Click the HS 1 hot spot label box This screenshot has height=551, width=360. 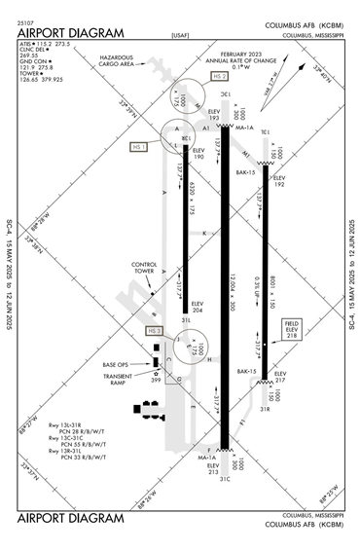click(138, 147)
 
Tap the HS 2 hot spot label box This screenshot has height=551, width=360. click(219, 76)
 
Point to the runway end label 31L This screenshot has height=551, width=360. click(184, 319)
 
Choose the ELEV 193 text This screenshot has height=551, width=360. click(214, 115)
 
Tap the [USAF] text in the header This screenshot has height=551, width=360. click(180, 35)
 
